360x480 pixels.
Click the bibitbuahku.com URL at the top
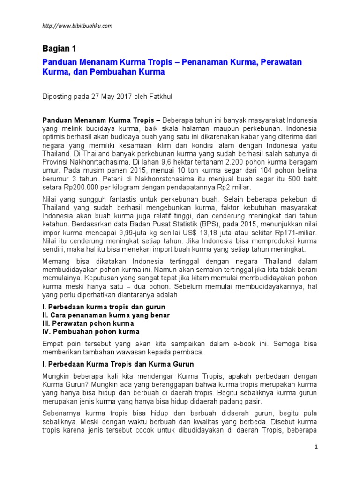click(77, 26)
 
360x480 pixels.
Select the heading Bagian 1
click(59, 49)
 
